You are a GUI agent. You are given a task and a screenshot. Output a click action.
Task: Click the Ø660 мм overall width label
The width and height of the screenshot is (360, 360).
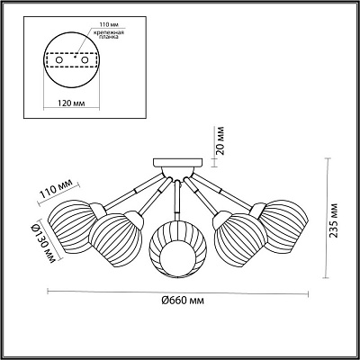click(x=183, y=301)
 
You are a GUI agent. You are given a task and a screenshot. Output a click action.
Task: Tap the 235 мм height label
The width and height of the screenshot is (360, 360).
click(x=334, y=220)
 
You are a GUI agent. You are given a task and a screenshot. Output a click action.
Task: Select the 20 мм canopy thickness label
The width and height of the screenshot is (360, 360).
click(x=220, y=140)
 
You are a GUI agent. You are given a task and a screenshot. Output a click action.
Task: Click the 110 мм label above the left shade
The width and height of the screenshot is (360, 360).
click(x=57, y=188)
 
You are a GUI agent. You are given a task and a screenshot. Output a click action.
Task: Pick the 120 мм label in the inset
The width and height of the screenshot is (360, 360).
click(x=71, y=103)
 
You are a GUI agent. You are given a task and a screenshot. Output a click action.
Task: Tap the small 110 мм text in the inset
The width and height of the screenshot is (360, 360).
click(x=106, y=24)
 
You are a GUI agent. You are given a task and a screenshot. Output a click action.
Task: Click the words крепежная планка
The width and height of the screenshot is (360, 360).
click(x=110, y=34)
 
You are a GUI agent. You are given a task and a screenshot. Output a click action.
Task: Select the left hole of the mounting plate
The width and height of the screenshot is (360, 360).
click(x=59, y=60)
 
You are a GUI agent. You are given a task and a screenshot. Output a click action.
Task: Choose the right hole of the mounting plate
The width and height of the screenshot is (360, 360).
click(x=85, y=60)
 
